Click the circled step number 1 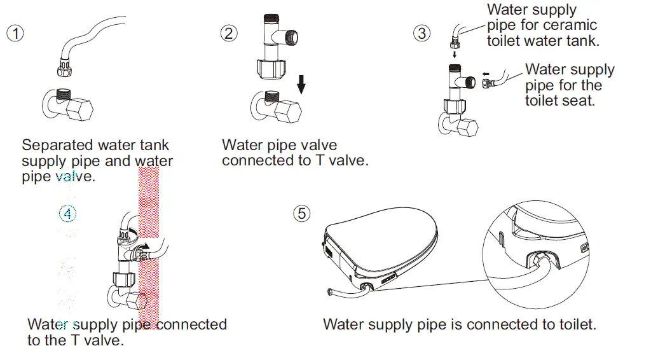click(x=15, y=34)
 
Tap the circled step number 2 click(x=229, y=34)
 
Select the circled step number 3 click(x=422, y=33)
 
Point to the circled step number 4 click(x=68, y=214)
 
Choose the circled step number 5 click(x=302, y=214)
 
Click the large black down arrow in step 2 click(x=301, y=83)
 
